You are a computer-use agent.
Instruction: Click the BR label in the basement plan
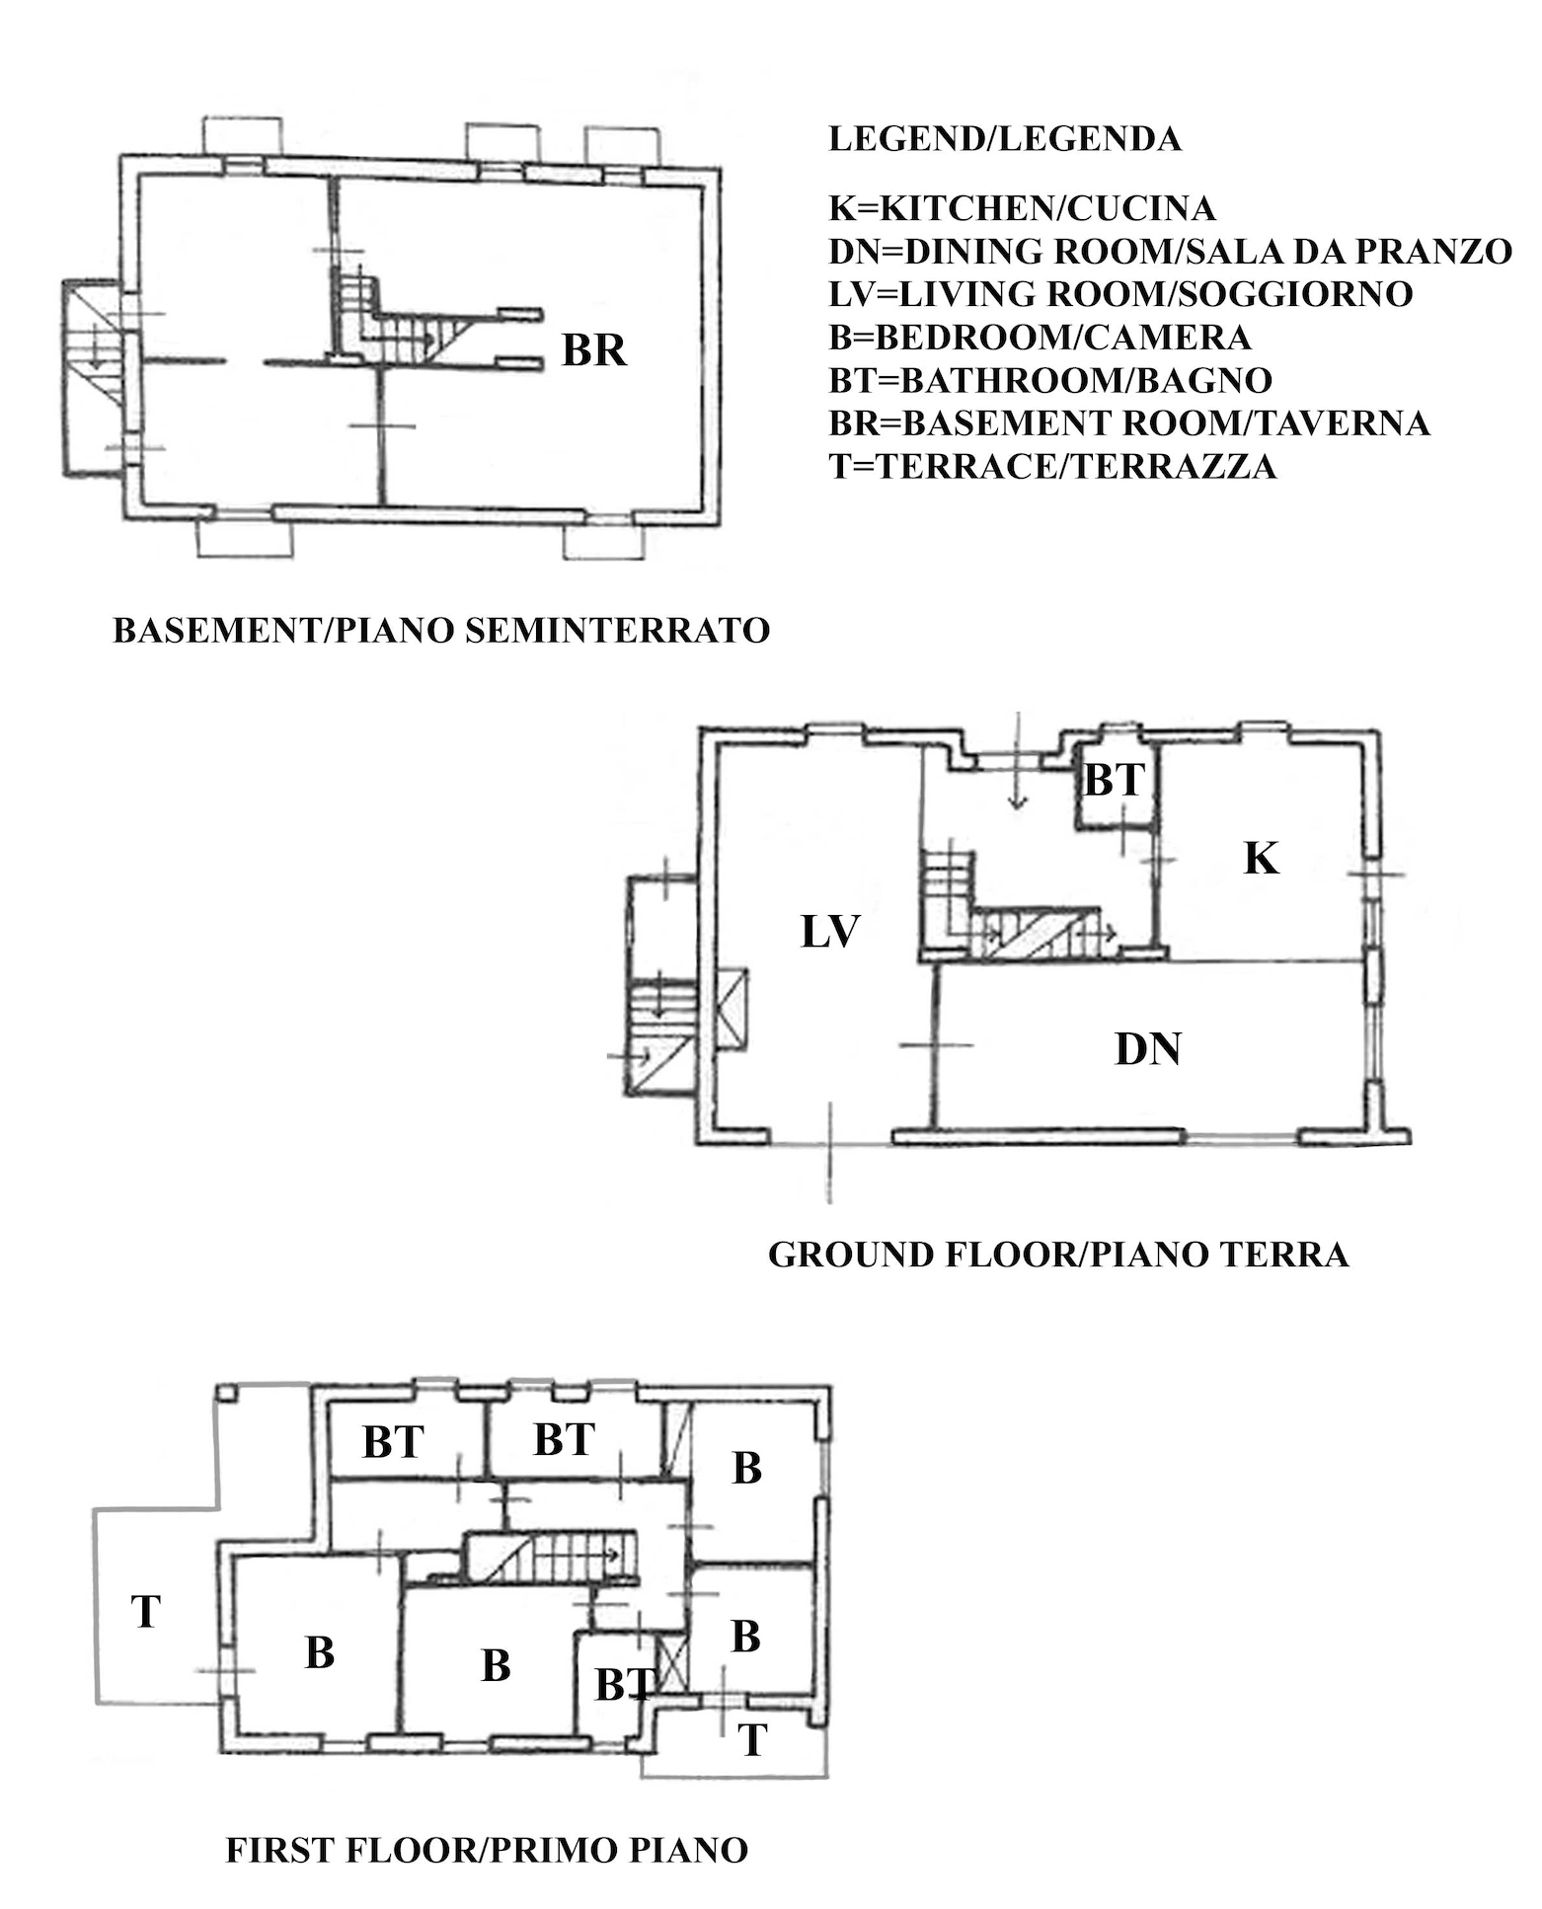(594, 350)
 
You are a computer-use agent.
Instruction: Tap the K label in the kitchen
(1261, 858)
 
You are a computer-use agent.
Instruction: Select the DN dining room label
(1147, 1048)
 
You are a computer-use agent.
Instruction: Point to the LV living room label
(830, 931)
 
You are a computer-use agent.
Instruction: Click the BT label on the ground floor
(1114, 781)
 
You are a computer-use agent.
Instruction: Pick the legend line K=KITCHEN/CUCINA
(1022, 208)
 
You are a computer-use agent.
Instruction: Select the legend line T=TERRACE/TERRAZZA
(1052, 466)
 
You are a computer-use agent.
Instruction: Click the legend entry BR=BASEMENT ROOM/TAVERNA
(1129, 422)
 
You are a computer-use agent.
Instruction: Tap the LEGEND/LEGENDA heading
(1005, 139)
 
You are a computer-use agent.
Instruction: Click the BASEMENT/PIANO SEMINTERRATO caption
(441, 630)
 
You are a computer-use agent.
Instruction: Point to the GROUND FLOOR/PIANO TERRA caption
(1058, 1255)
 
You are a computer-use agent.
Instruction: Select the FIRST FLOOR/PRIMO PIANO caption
(487, 1849)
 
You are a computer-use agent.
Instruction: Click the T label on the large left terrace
(145, 1612)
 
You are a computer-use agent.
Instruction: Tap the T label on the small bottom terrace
(752, 1740)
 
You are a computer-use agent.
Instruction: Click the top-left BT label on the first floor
(393, 1442)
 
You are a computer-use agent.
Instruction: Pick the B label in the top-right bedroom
(747, 1468)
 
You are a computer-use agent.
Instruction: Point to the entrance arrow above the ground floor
(1018, 761)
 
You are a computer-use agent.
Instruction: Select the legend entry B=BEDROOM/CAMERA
(1040, 337)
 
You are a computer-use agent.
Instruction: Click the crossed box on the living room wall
(732, 1010)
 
